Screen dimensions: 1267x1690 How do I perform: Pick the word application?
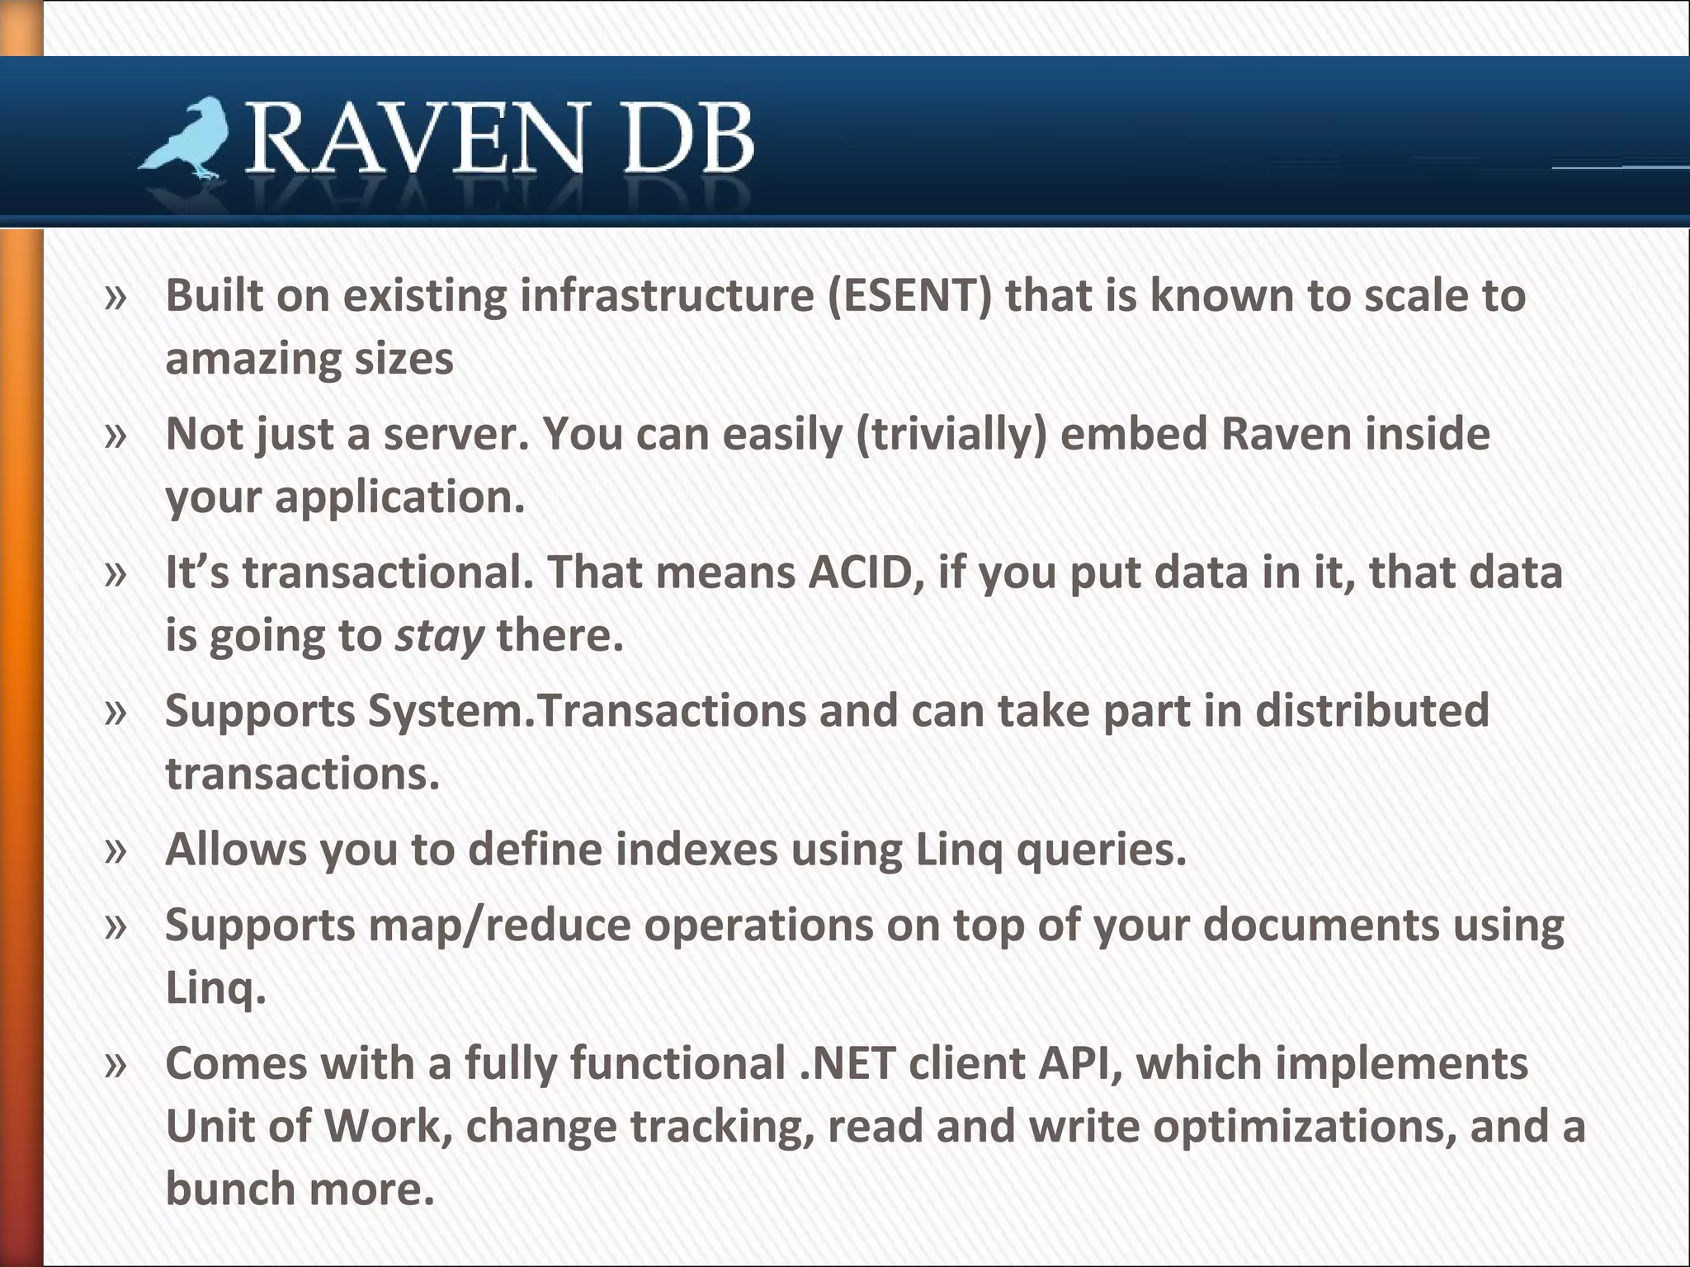pyautogui.click(x=399, y=497)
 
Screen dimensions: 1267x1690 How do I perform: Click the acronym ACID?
pyautogui.click(x=866, y=572)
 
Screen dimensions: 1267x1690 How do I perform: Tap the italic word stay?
pyautogui.click(x=439, y=636)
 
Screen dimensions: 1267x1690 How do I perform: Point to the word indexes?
pyautogui.click(x=696, y=849)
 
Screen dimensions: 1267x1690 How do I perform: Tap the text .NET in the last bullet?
pyautogui.click(x=847, y=1063)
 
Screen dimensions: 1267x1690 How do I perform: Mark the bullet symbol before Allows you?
pyautogui.click(x=116, y=850)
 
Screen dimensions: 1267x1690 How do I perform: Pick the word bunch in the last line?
pyautogui.click(x=230, y=1189)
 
